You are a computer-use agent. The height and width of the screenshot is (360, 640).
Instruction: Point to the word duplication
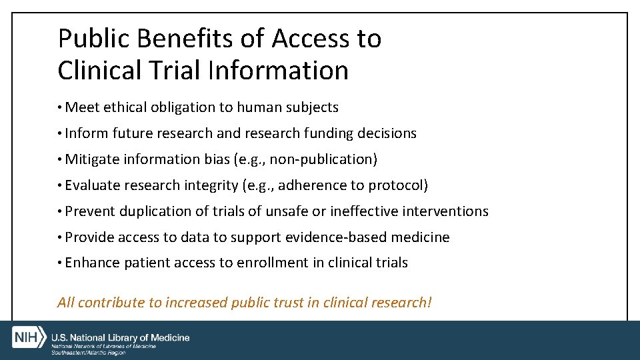point(154,211)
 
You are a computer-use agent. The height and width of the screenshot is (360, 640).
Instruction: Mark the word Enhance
point(92,263)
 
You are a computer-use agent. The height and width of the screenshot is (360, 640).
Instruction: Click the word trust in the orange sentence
point(288,303)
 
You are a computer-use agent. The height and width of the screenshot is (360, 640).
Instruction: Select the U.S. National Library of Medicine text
point(121,338)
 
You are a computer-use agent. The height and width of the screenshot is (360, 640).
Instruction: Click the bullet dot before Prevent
point(60,212)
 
